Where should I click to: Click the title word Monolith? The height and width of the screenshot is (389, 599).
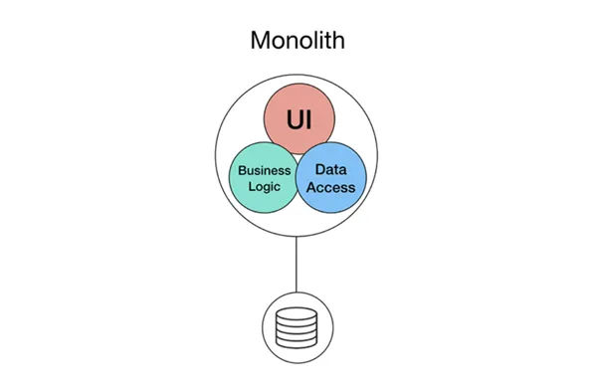298,40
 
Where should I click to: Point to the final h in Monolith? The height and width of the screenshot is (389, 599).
337,40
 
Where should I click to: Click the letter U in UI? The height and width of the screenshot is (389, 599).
295,119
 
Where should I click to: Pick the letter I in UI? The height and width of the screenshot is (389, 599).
308,119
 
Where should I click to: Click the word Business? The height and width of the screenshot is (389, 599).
265,170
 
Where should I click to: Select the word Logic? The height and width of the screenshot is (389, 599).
265,187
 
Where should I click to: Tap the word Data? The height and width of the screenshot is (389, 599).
330,170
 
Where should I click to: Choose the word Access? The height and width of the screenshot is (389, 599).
330,188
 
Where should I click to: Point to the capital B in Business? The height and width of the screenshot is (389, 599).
242,170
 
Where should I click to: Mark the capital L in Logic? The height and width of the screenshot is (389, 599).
252,186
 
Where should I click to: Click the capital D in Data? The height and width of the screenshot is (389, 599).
320,170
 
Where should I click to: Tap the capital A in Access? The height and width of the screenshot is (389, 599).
311,188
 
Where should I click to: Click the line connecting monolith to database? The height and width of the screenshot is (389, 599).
297,264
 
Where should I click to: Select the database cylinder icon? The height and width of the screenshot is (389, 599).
297,328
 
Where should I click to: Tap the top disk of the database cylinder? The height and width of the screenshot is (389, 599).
297,313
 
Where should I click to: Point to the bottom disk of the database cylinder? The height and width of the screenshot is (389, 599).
297,343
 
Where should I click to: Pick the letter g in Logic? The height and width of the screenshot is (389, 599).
268,188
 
